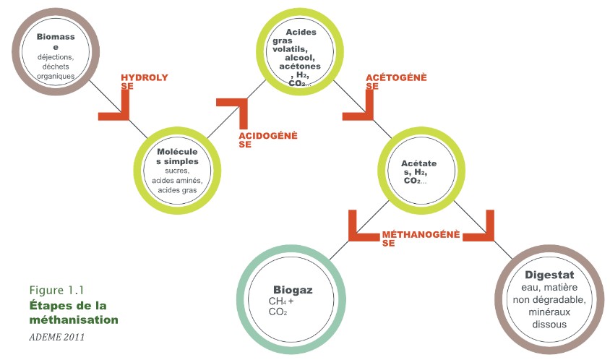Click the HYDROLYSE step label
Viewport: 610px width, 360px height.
click(x=145, y=81)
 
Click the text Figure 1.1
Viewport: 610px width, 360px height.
click(x=53, y=291)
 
